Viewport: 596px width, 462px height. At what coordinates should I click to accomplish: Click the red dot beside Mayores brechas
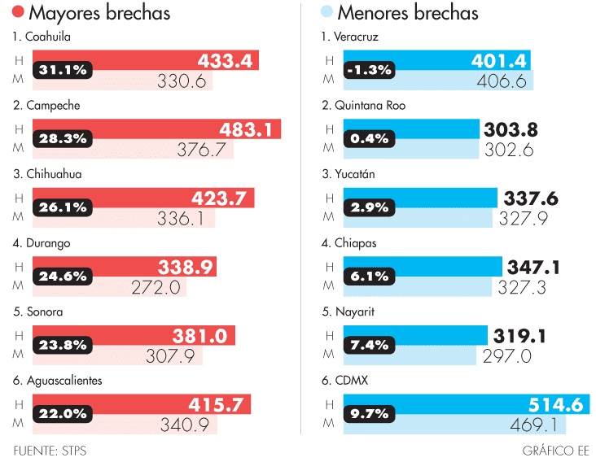click(18, 13)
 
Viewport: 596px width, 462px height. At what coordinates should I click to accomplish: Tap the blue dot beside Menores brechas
click(327, 13)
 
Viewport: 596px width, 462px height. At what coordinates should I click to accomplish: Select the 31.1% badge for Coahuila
click(63, 70)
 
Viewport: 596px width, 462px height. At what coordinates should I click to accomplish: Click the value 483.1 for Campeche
click(248, 129)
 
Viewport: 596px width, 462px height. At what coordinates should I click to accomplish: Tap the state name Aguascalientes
click(64, 381)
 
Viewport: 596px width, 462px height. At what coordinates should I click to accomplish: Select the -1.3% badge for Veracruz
click(370, 70)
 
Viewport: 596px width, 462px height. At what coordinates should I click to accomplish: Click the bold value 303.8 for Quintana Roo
click(511, 129)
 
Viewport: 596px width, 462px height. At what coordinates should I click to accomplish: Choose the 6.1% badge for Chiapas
click(370, 277)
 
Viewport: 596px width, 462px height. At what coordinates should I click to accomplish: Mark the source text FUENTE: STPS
click(50, 450)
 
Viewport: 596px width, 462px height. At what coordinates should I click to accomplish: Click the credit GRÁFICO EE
click(556, 450)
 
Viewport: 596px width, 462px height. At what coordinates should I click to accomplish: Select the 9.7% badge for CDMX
click(370, 414)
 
